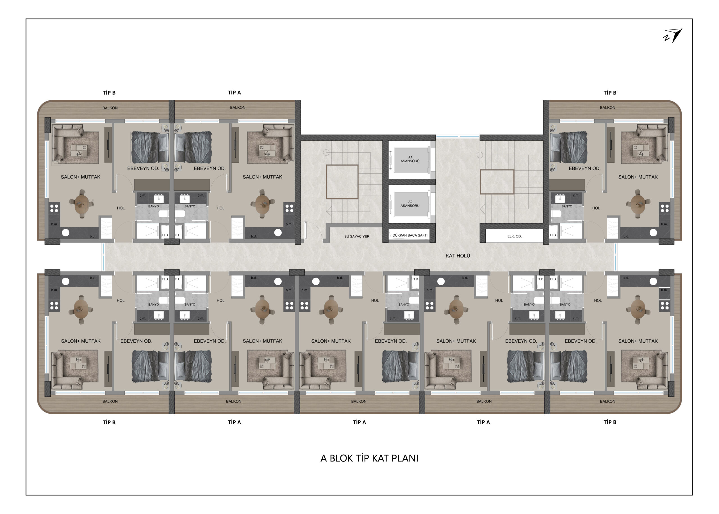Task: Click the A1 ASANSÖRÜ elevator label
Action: point(410,159)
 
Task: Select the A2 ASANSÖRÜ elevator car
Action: point(410,204)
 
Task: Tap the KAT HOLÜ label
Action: point(458,256)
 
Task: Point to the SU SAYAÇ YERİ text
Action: point(357,236)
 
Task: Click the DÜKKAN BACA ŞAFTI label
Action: point(410,236)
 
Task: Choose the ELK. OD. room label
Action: point(514,236)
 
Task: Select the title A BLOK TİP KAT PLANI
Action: point(369,458)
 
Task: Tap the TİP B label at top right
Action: point(610,93)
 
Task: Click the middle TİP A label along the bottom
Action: point(359,422)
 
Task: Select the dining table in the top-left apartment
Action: point(82,203)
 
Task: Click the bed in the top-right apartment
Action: point(569,148)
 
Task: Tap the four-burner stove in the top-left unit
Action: point(54,208)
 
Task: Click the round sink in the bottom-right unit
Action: point(653,281)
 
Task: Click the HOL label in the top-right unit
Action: point(596,208)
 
